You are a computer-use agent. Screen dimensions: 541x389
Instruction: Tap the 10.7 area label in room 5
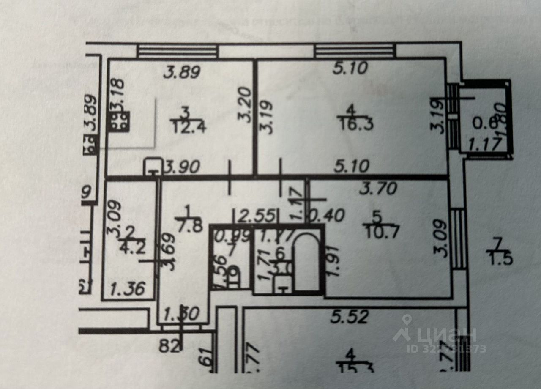pyautogui.click(x=377, y=231)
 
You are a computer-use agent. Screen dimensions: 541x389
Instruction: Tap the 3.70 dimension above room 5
pyautogui.click(x=377, y=188)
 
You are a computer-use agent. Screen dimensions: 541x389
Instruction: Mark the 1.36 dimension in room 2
pyautogui.click(x=127, y=290)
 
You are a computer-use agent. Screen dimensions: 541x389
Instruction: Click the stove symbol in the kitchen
pyautogui.click(x=120, y=122)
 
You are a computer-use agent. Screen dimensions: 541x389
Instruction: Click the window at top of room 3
pyautogui.click(x=178, y=52)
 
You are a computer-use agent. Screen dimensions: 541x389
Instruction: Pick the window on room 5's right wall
pyautogui.click(x=458, y=239)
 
